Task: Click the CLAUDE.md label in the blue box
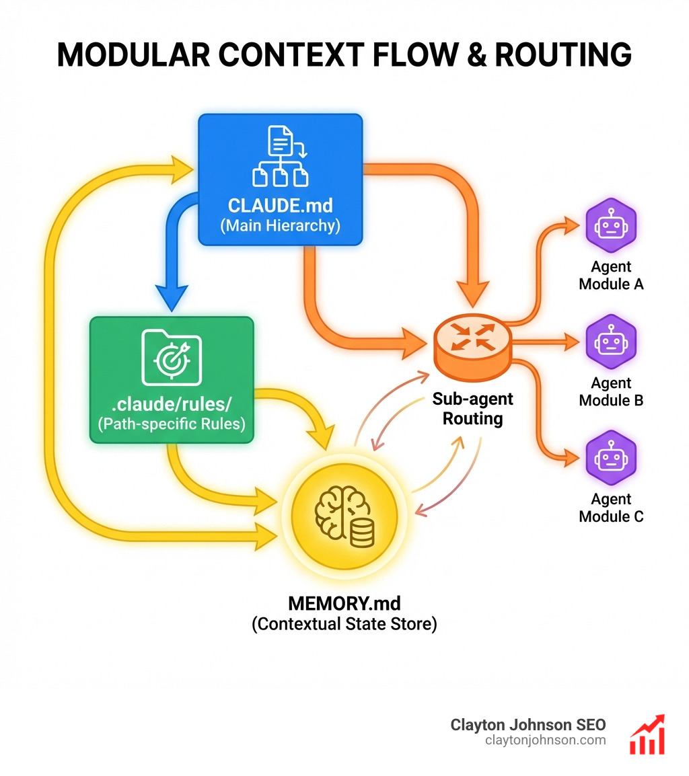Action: (x=280, y=204)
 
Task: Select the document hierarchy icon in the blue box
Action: (x=280, y=156)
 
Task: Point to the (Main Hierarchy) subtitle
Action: (x=280, y=225)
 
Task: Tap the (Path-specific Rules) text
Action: (x=172, y=424)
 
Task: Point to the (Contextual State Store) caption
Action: (x=344, y=623)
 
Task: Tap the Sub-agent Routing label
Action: (x=472, y=408)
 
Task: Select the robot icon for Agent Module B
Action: (x=610, y=340)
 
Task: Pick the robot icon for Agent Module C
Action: (x=610, y=457)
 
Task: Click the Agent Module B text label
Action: (x=611, y=391)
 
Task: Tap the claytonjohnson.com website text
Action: (x=545, y=740)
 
